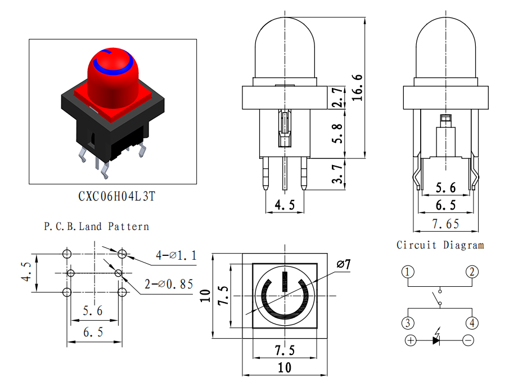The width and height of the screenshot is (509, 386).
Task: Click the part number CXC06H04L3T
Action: (117, 197)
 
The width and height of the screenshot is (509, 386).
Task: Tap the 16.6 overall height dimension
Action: (357, 87)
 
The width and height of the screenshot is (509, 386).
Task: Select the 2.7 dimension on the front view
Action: (337, 97)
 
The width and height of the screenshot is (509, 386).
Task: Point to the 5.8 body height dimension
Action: (337, 134)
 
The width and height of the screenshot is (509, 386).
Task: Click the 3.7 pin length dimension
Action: (337, 174)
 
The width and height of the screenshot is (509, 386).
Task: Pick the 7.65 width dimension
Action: (445, 224)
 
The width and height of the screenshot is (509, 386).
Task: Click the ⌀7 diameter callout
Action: (344, 264)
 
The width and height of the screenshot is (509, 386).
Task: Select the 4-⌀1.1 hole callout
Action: (176, 255)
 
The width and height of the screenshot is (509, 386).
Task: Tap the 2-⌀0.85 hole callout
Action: (169, 284)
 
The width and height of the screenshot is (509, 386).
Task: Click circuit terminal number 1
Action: (408, 272)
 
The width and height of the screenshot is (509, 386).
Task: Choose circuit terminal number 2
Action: (472, 272)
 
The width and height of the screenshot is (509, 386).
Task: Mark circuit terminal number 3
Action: (408, 323)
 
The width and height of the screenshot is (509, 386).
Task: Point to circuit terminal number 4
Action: (472, 323)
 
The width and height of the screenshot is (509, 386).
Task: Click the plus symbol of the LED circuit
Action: (411, 340)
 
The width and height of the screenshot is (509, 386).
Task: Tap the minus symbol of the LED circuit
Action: (468, 340)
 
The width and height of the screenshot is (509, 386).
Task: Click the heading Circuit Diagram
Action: (440, 245)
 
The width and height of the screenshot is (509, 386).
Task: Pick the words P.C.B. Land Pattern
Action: (96, 227)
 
